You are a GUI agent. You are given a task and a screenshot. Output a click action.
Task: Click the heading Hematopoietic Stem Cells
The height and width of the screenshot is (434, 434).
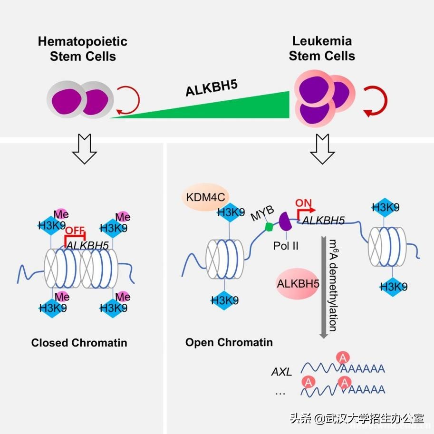[83, 48]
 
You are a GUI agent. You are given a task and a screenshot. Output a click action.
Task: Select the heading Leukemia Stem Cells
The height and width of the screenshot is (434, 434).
[322, 48]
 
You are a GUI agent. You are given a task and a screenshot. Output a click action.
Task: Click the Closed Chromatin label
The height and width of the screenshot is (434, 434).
[79, 342]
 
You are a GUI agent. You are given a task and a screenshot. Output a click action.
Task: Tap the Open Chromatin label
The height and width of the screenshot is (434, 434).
[229, 342]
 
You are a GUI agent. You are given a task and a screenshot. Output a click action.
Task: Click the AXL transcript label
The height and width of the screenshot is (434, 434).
[281, 372]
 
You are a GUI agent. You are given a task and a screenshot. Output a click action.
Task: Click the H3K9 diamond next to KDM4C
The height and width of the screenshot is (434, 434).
[231, 212]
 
